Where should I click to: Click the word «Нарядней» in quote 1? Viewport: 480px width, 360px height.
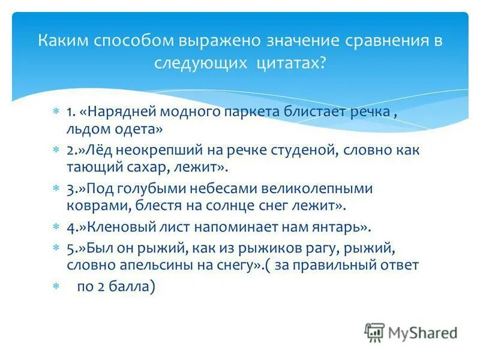click(x=127, y=112)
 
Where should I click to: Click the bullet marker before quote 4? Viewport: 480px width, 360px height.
click(x=55, y=227)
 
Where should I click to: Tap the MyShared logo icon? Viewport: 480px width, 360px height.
click(x=374, y=332)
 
